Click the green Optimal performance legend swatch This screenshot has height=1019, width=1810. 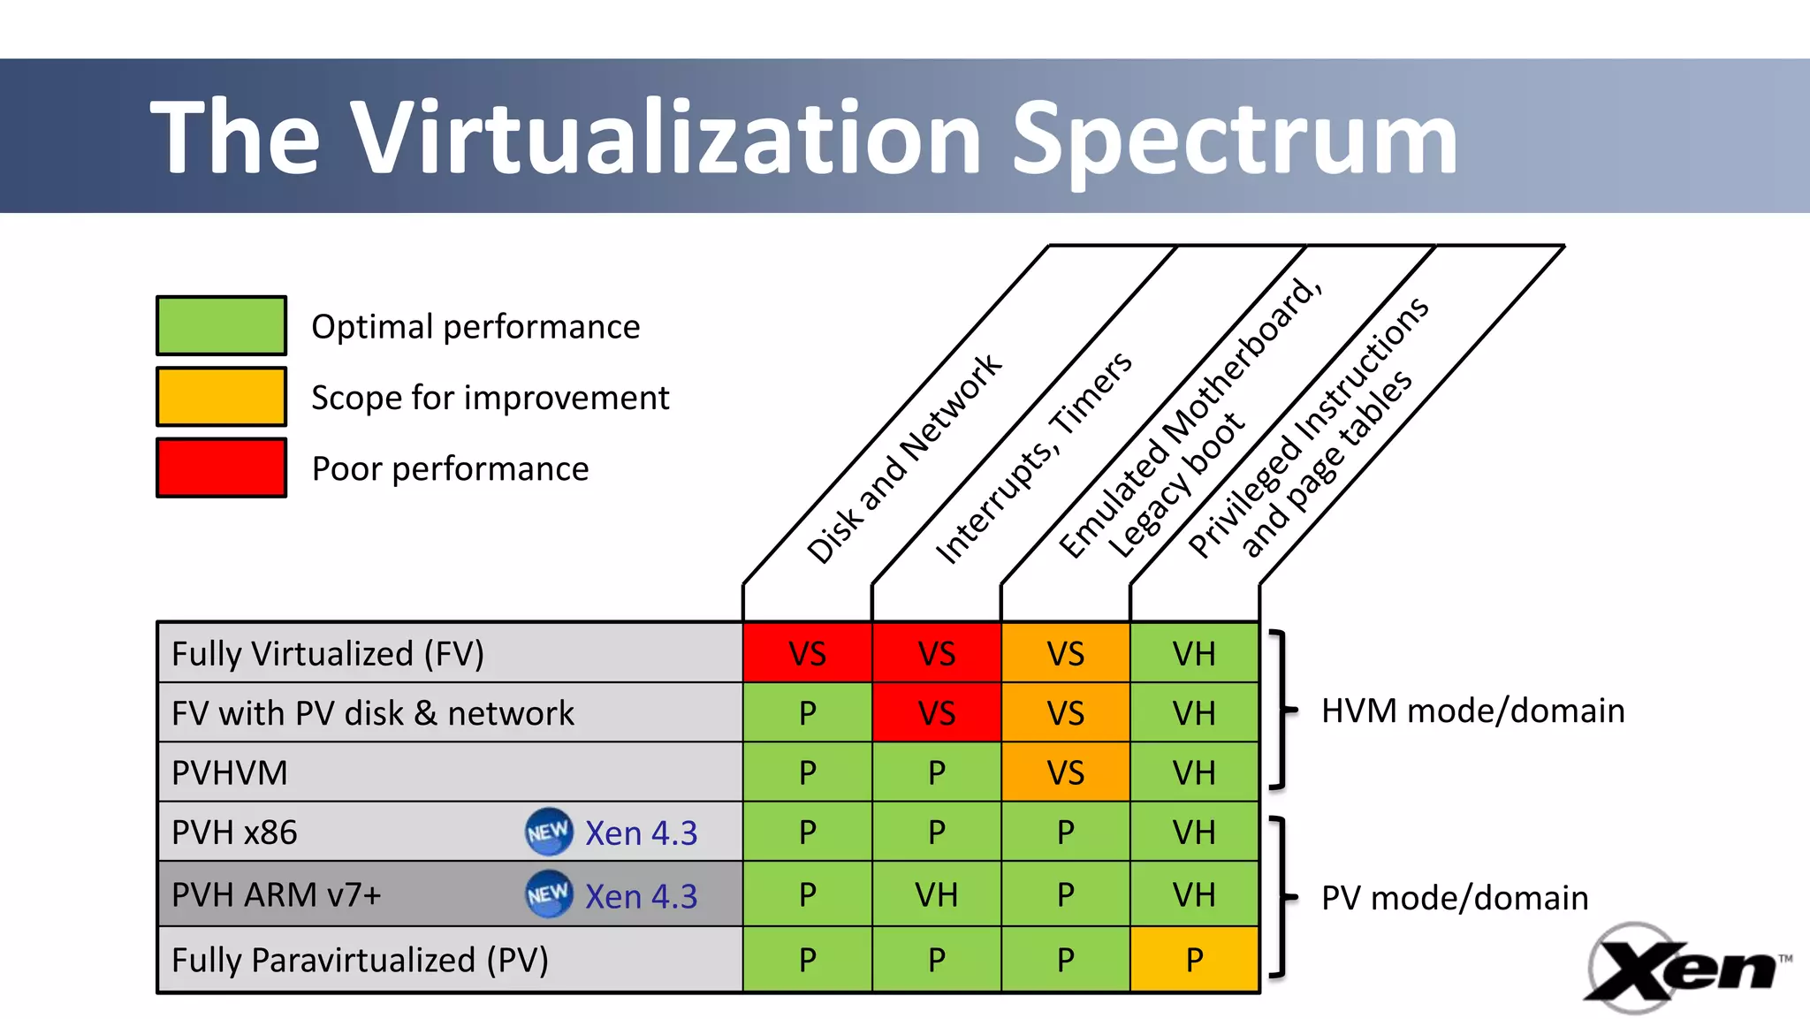221,326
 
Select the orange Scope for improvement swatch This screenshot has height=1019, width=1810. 221,397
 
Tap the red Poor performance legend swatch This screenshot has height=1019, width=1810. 221,468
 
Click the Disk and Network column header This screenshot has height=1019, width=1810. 903,460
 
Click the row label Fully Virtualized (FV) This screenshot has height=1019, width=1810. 328,654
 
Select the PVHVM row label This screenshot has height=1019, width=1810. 230,772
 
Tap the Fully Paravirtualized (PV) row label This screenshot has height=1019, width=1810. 360,960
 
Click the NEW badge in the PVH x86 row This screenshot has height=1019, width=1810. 549,832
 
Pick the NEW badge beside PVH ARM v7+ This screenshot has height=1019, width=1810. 549,894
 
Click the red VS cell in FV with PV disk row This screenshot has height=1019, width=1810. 936,712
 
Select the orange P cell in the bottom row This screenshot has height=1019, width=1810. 1194,960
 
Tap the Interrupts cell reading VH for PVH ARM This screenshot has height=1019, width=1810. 936,894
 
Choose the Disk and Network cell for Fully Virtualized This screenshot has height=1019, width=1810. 807,654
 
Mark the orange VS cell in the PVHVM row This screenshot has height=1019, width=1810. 1065,772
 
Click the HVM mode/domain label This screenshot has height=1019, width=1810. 1472,711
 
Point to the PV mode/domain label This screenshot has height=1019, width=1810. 1455,898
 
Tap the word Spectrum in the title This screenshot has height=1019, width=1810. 1234,138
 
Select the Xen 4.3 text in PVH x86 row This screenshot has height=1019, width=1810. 642,833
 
